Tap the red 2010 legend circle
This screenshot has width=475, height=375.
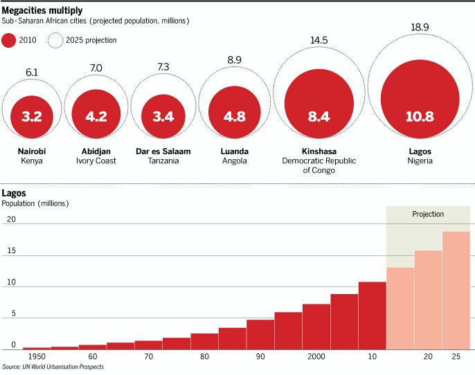tap(9, 40)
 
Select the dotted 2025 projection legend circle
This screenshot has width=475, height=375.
tap(55, 40)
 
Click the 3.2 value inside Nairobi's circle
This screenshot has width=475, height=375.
tap(32, 116)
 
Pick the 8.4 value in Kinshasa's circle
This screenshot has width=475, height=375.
tap(319, 116)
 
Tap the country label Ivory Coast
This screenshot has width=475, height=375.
tap(97, 161)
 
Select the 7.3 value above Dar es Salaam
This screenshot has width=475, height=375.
tap(163, 66)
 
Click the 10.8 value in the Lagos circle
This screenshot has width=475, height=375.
tap(420, 116)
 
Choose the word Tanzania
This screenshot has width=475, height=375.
tap(163, 161)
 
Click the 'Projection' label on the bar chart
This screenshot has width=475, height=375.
tap(428, 214)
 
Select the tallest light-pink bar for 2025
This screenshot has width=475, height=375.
tap(456, 291)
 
